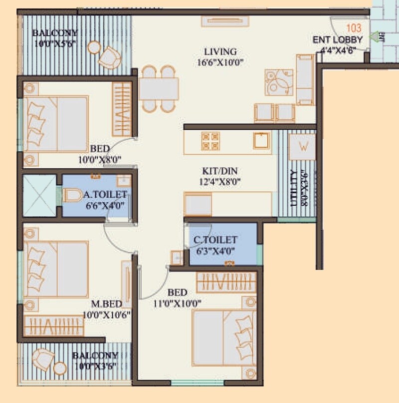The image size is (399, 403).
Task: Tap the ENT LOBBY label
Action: [338, 40]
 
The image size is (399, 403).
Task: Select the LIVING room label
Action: [220, 52]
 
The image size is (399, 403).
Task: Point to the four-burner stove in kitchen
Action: [210, 141]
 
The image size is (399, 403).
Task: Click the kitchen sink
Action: [261, 141]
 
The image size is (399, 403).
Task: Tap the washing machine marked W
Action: [302, 147]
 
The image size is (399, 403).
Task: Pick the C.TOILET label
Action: [215, 241]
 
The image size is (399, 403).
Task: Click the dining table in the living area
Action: [159, 89]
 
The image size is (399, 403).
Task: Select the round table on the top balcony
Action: [93, 47]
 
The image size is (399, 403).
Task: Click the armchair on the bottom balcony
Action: [43, 358]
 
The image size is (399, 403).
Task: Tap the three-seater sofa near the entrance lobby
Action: [305, 80]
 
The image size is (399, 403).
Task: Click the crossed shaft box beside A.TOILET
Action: [39, 196]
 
